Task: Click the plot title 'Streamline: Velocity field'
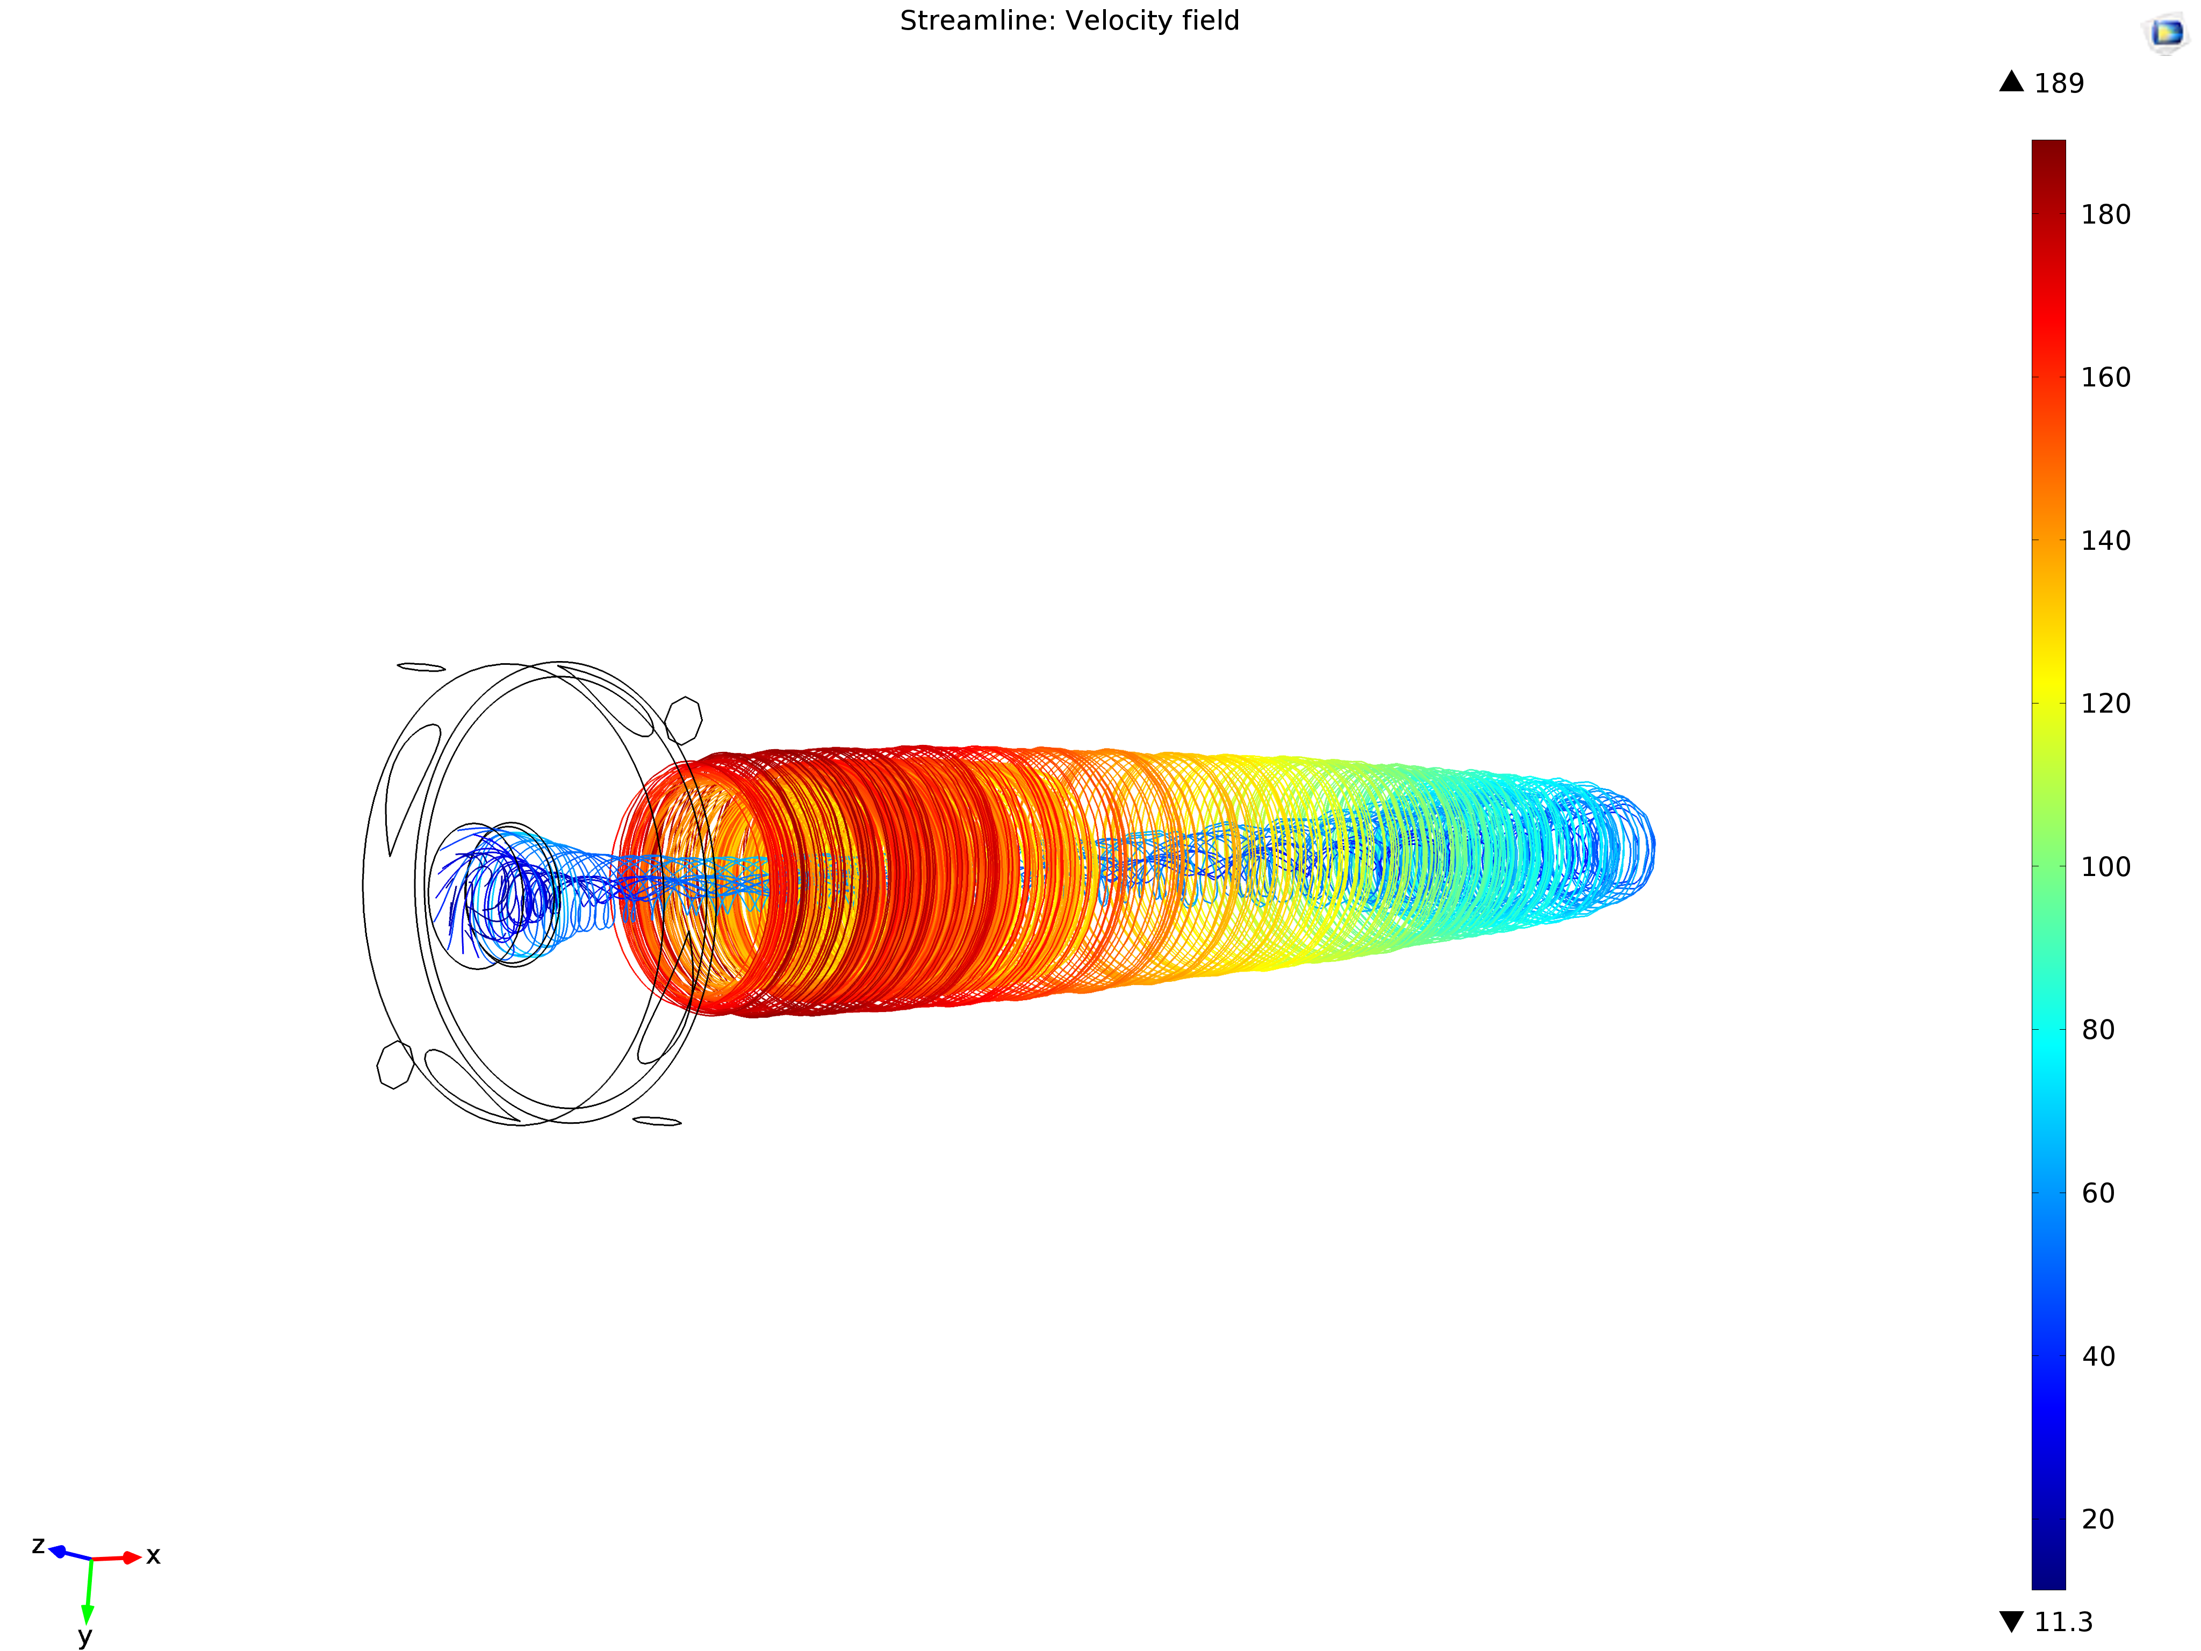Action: coord(1070,21)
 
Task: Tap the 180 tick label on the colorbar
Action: coord(2105,215)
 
